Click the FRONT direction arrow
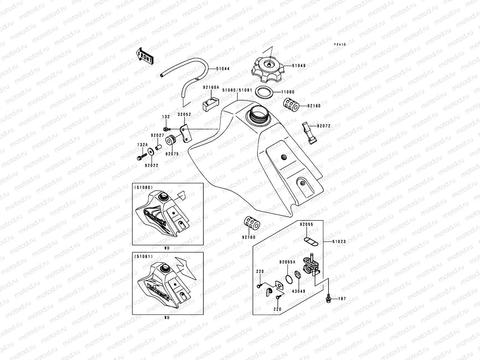[x=145, y=55]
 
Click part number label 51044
[x=223, y=69]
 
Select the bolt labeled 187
[x=329, y=298]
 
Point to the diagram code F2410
[x=340, y=44]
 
